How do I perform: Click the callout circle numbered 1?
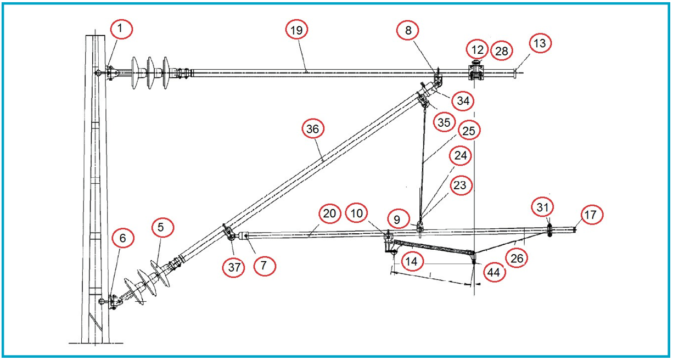tap(121, 28)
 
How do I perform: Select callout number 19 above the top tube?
tap(297, 31)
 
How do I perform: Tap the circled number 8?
tap(408, 31)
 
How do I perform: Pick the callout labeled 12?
tap(478, 49)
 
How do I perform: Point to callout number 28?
tap(501, 51)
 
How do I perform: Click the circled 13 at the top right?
tap(540, 43)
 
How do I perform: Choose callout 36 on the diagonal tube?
tap(313, 130)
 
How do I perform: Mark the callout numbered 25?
tap(469, 131)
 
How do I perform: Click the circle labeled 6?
tap(122, 238)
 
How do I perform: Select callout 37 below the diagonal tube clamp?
tap(235, 267)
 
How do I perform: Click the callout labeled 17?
tap(590, 215)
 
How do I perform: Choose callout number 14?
tap(412, 262)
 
